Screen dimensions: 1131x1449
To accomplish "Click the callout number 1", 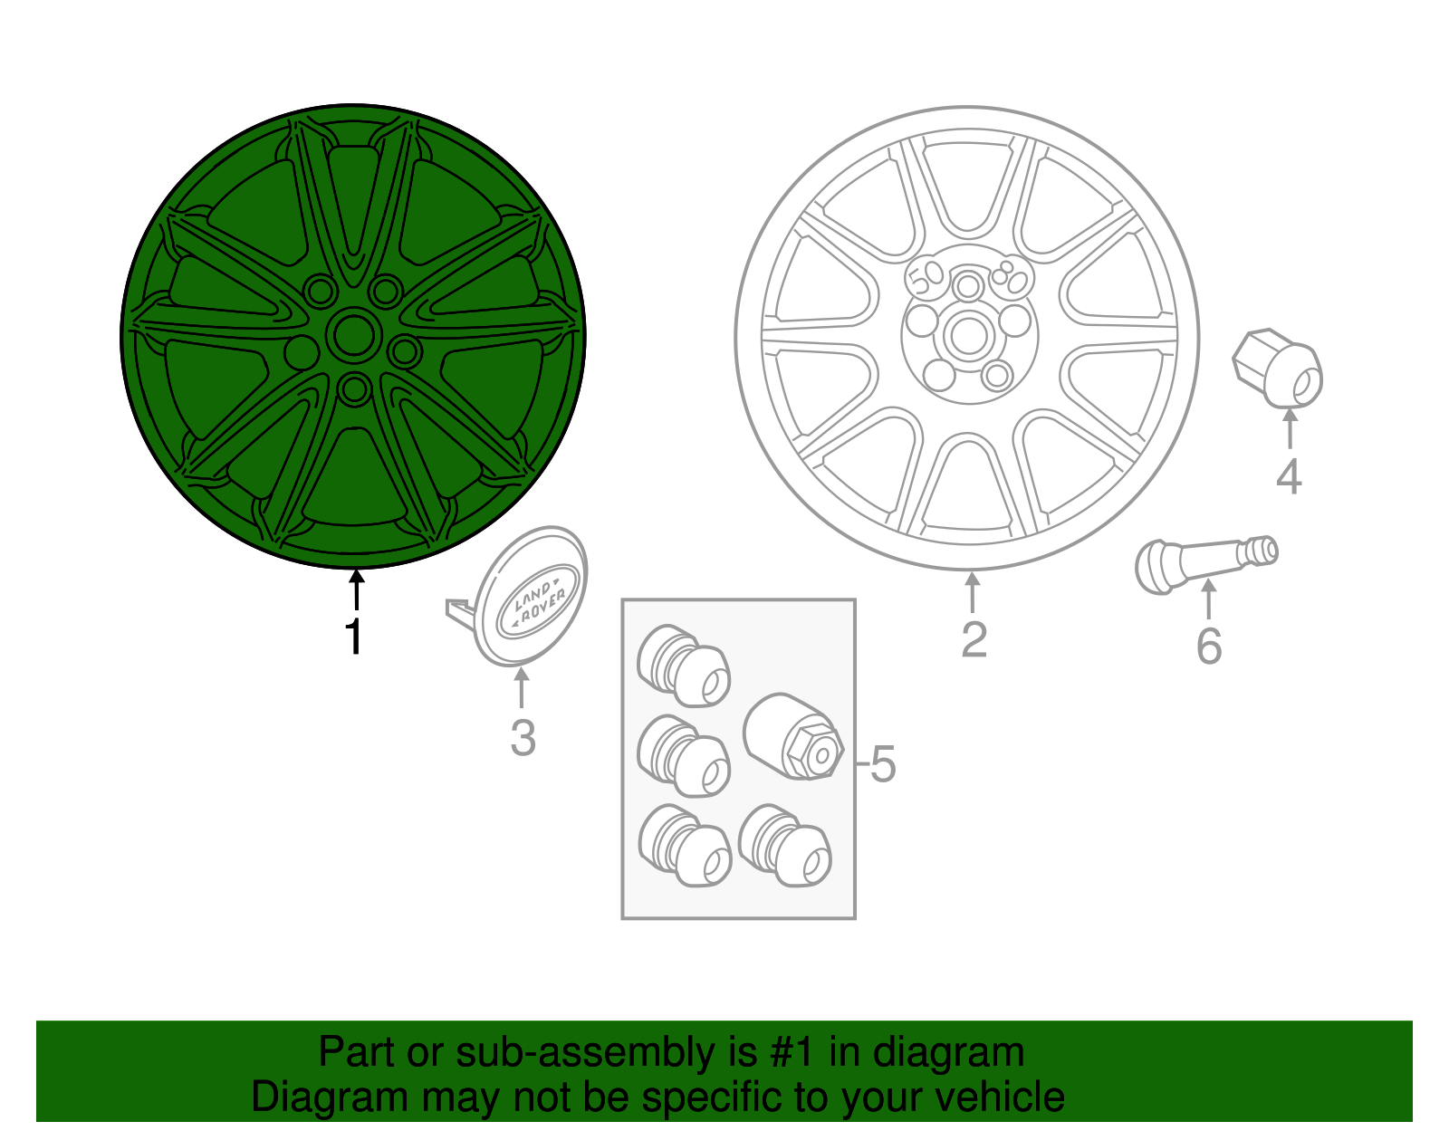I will pyautogui.click(x=354, y=637).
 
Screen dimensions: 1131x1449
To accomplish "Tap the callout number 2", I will pyautogui.click(x=974, y=639).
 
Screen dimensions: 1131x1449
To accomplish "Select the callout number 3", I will pyautogui.click(x=523, y=737).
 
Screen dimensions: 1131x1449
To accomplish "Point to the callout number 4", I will pyautogui.click(x=1289, y=476).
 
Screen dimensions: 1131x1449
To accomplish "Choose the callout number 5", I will pyautogui.click(x=882, y=764).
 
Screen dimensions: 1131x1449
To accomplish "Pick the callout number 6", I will pyautogui.click(x=1209, y=646).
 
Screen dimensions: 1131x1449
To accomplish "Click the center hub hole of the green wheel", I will pyautogui.click(x=352, y=335).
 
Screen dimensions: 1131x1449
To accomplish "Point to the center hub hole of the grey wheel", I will pyautogui.click(x=968, y=336).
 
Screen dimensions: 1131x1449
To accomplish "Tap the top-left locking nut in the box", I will pyautogui.click(x=684, y=666).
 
